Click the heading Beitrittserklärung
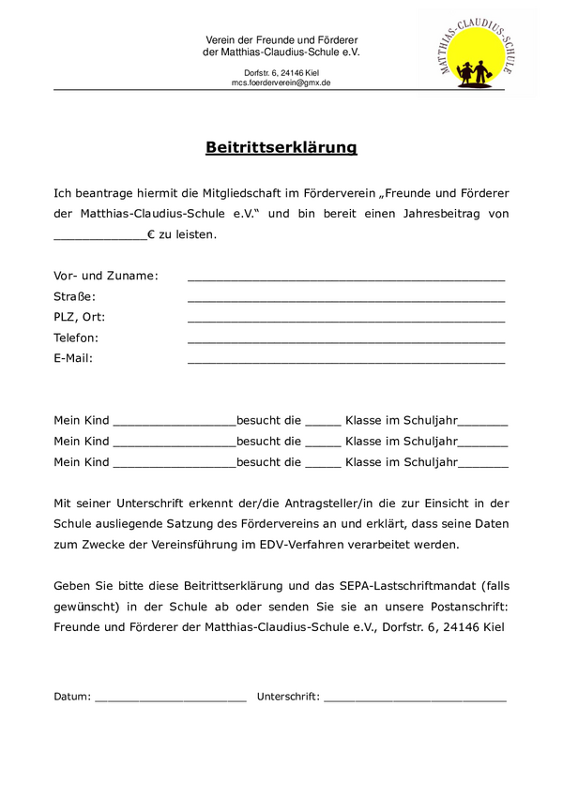click(281, 147)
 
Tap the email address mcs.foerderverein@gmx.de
click(281, 83)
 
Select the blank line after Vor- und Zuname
click(346, 278)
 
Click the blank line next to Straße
click(346, 299)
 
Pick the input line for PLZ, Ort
click(346, 320)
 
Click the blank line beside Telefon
click(346, 340)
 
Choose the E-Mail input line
click(346, 361)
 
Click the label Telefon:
click(76, 338)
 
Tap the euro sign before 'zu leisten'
click(151, 234)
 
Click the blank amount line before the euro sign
click(100, 238)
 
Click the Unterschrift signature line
click(415, 699)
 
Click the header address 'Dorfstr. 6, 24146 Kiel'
click(281, 72)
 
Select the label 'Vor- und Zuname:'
click(106, 276)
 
